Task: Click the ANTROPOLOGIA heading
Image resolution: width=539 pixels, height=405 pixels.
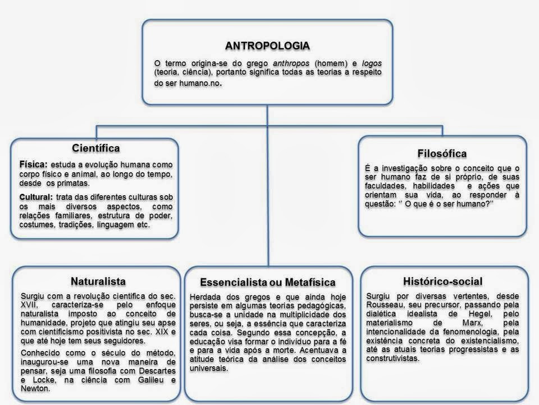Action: point(267,44)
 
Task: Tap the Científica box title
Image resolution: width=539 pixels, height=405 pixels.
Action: point(96,148)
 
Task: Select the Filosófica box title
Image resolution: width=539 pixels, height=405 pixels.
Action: point(442,153)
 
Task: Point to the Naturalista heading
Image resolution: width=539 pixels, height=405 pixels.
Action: point(98,281)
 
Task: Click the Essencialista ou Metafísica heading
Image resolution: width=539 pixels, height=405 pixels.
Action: point(267,282)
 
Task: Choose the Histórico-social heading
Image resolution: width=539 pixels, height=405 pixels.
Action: point(442,281)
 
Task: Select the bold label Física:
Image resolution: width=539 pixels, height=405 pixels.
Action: point(33,165)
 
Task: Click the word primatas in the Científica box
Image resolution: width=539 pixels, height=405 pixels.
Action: point(72,183)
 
